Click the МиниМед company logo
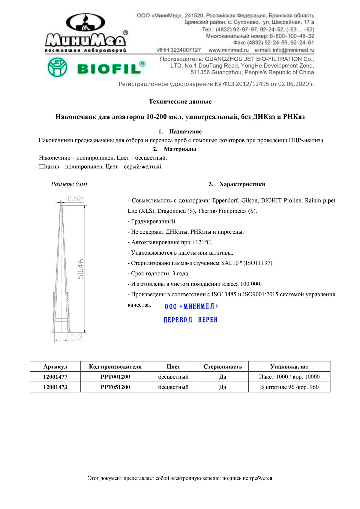coord(86,33)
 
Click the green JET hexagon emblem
coord(57,67)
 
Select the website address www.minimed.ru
coord(229,50)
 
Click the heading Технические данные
coord(180,101)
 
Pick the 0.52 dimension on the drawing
coord(75,199)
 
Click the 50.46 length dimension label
coord(80,269)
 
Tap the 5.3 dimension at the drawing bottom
coord(76,337)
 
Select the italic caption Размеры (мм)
coord(69,184)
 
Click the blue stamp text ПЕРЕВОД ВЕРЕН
coord(190,320)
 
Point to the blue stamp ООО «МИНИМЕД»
coord(191,306)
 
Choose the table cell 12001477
coord(55,377)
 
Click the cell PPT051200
coord(115,387)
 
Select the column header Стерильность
coord(223,367)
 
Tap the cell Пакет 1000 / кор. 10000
coord(289,377)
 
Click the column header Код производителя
coord(115,367)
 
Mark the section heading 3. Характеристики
coord(237,184)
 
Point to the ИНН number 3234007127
coord(179,50)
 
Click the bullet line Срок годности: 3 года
coord(159,274)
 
